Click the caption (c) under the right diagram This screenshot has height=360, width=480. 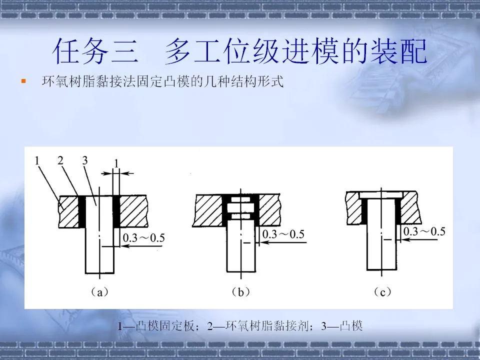click(382, 292)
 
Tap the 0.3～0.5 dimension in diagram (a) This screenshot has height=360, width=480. click(143, 238)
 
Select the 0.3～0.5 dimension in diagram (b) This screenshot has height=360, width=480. click(283, 235)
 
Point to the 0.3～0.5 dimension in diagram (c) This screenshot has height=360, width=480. click(424, 231)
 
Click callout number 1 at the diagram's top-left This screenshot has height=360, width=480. click(37, 160)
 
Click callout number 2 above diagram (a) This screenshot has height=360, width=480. click(60, 160)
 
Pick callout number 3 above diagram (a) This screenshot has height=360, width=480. click(84, 160)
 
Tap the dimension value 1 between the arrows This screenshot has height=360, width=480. click(116, 163)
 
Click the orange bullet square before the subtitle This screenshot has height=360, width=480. click(22, 80)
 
